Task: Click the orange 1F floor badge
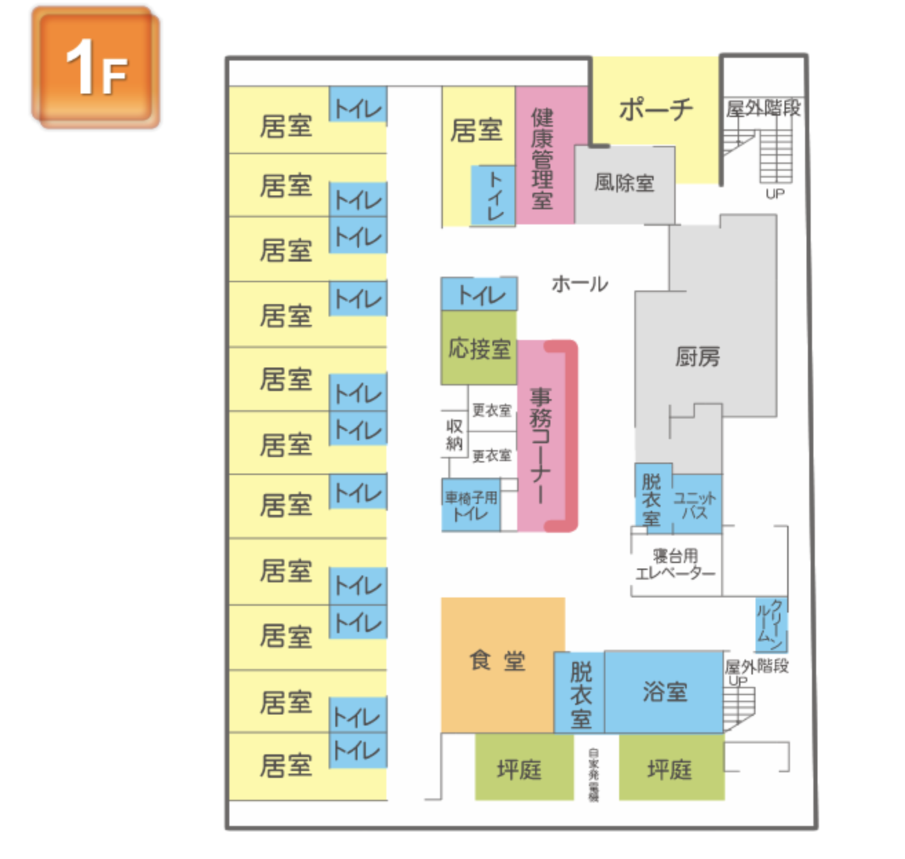point(96,67)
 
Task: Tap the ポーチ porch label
point(655,109)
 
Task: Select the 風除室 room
point(624,183)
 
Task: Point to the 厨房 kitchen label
point(697,357)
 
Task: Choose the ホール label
point(579,284)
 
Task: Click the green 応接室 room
point(479,348)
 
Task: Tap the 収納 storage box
point(454,434)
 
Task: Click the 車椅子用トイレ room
point(471,505)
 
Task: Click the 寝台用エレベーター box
point(675,564)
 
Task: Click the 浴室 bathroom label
point(664,691)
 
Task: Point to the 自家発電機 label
point(594,774)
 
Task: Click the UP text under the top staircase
point(775,194)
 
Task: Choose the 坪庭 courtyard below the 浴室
point(670,768)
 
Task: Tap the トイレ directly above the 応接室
point(479,295)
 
